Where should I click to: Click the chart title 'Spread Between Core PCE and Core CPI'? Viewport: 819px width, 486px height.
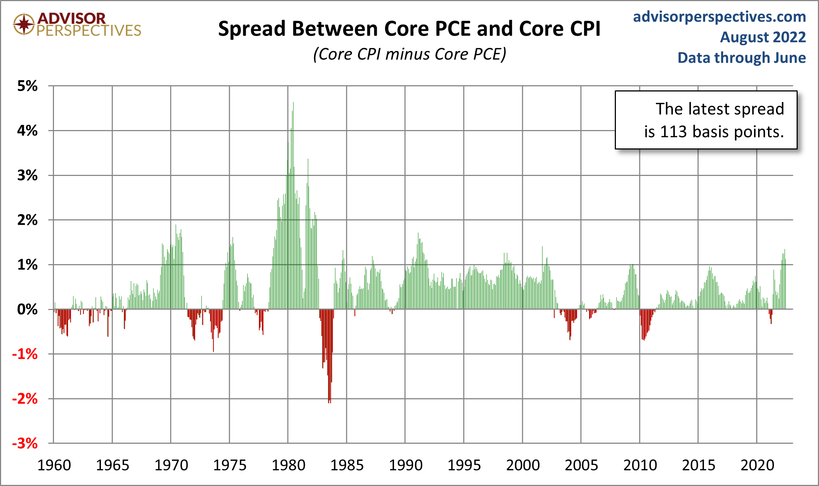(409, 29)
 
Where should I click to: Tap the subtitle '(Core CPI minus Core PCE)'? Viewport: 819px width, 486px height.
(409, 54)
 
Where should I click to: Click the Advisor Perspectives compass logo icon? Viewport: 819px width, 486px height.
(24, 24)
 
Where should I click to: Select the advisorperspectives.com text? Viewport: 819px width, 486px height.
(719, 17)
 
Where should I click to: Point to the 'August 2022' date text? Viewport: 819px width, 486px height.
(762, 37)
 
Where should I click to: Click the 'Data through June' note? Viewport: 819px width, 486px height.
(741, 58)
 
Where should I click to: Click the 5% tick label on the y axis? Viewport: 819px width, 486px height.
(28, 86)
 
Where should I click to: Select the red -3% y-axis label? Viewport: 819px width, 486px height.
(25, 443)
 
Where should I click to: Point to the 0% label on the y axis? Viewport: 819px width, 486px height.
(28, 309)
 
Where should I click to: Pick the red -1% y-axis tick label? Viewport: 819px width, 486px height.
(25, 354)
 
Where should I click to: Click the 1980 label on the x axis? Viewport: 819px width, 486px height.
(288, 465)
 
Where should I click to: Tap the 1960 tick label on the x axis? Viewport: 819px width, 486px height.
(54, 465)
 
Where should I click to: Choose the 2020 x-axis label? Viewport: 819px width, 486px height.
(757, 465)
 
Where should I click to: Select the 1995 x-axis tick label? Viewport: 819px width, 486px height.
(464, 465)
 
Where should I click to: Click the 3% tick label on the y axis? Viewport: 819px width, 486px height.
(28, 175)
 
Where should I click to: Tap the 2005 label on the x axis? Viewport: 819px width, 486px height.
(581, 465)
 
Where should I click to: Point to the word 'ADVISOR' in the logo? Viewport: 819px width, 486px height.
(72, 18)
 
